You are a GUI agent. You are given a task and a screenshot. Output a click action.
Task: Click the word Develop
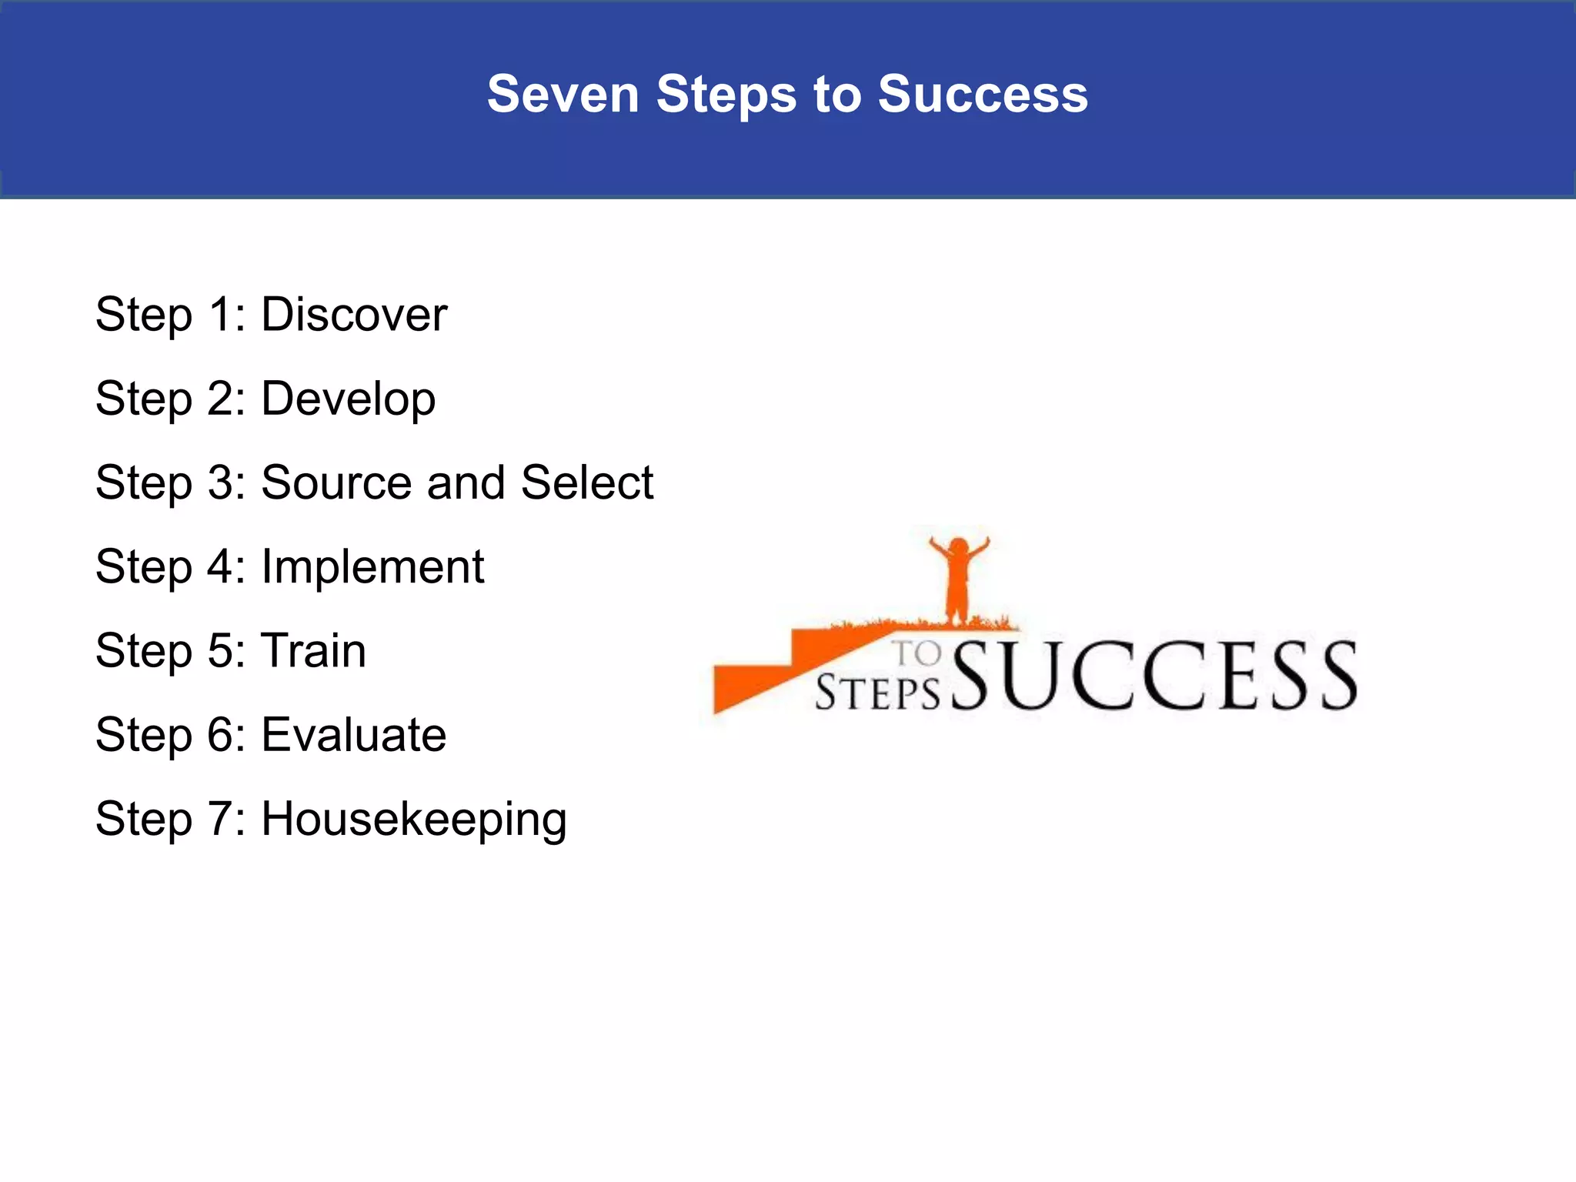pos(348,399)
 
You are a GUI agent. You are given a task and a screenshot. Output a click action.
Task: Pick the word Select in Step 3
pos(586,482)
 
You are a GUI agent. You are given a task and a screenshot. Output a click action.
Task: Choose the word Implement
pos(372,567)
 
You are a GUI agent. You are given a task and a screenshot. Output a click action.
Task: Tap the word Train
pos(313,650)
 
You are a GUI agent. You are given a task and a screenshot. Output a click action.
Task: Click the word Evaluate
pos(353,734)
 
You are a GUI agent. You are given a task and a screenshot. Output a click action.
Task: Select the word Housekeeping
pos(414,819)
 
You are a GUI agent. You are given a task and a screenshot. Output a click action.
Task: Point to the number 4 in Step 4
pos(221,567)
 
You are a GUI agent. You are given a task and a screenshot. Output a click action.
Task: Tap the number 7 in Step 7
pos(221,819)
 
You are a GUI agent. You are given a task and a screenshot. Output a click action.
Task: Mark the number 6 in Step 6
pos(221,734)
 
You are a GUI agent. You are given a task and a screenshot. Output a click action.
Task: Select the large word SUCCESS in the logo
pos(1154,676)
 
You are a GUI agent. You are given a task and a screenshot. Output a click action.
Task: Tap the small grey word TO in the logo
pos(917,654)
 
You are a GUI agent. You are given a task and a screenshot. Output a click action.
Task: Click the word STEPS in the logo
pos(877,693)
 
